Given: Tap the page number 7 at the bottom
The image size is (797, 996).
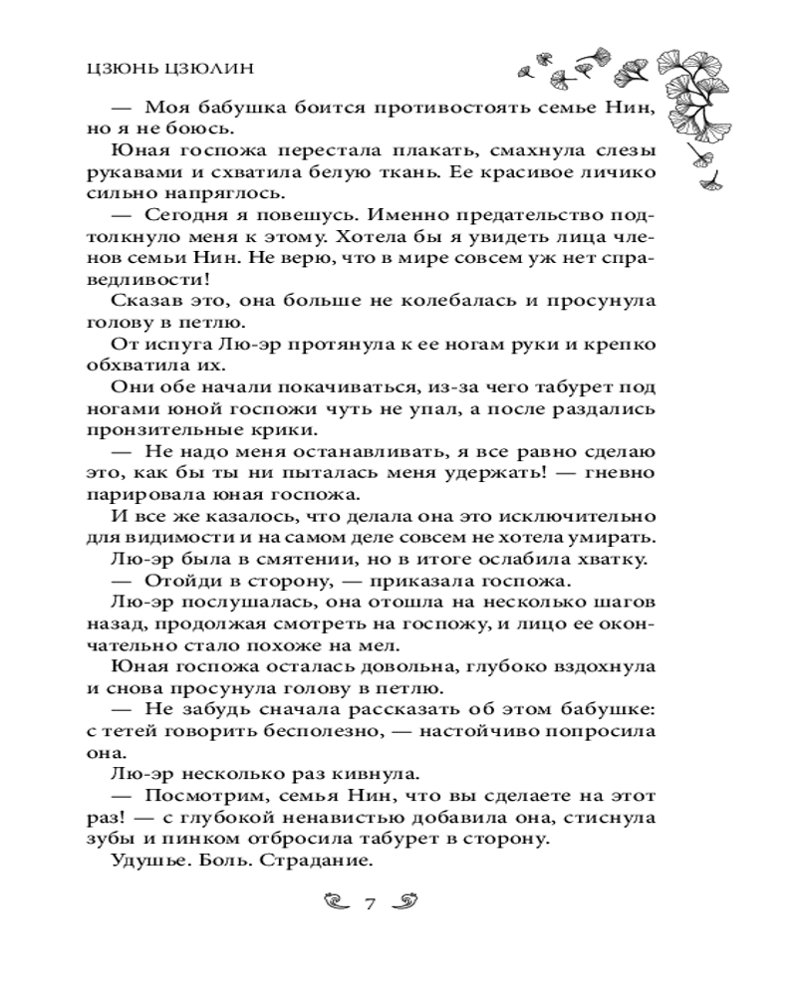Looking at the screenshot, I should [x=369, y=904].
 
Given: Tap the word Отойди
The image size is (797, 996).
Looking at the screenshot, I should [x=178, y=582].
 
